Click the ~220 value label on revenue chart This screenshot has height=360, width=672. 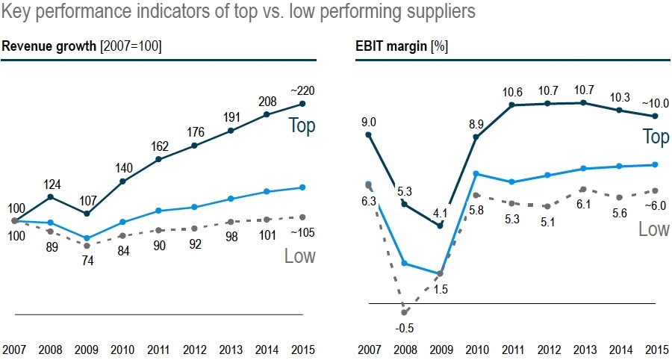coord(302,90)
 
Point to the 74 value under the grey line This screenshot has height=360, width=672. coord(87,261)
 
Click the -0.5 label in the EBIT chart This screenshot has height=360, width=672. coord(404,328)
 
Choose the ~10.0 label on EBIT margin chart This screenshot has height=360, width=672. coord(654,104)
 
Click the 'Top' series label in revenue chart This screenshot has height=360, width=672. coord(302,125)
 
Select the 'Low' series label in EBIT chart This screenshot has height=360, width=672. coord(653,229)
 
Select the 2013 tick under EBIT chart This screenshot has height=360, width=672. coord(584,350)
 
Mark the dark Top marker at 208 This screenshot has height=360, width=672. coord(267,114)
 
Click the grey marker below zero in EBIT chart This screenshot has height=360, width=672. coord(404,312)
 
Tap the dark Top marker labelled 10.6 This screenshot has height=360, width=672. coord(512,105)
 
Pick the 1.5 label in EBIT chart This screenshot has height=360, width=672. coord(441,289)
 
